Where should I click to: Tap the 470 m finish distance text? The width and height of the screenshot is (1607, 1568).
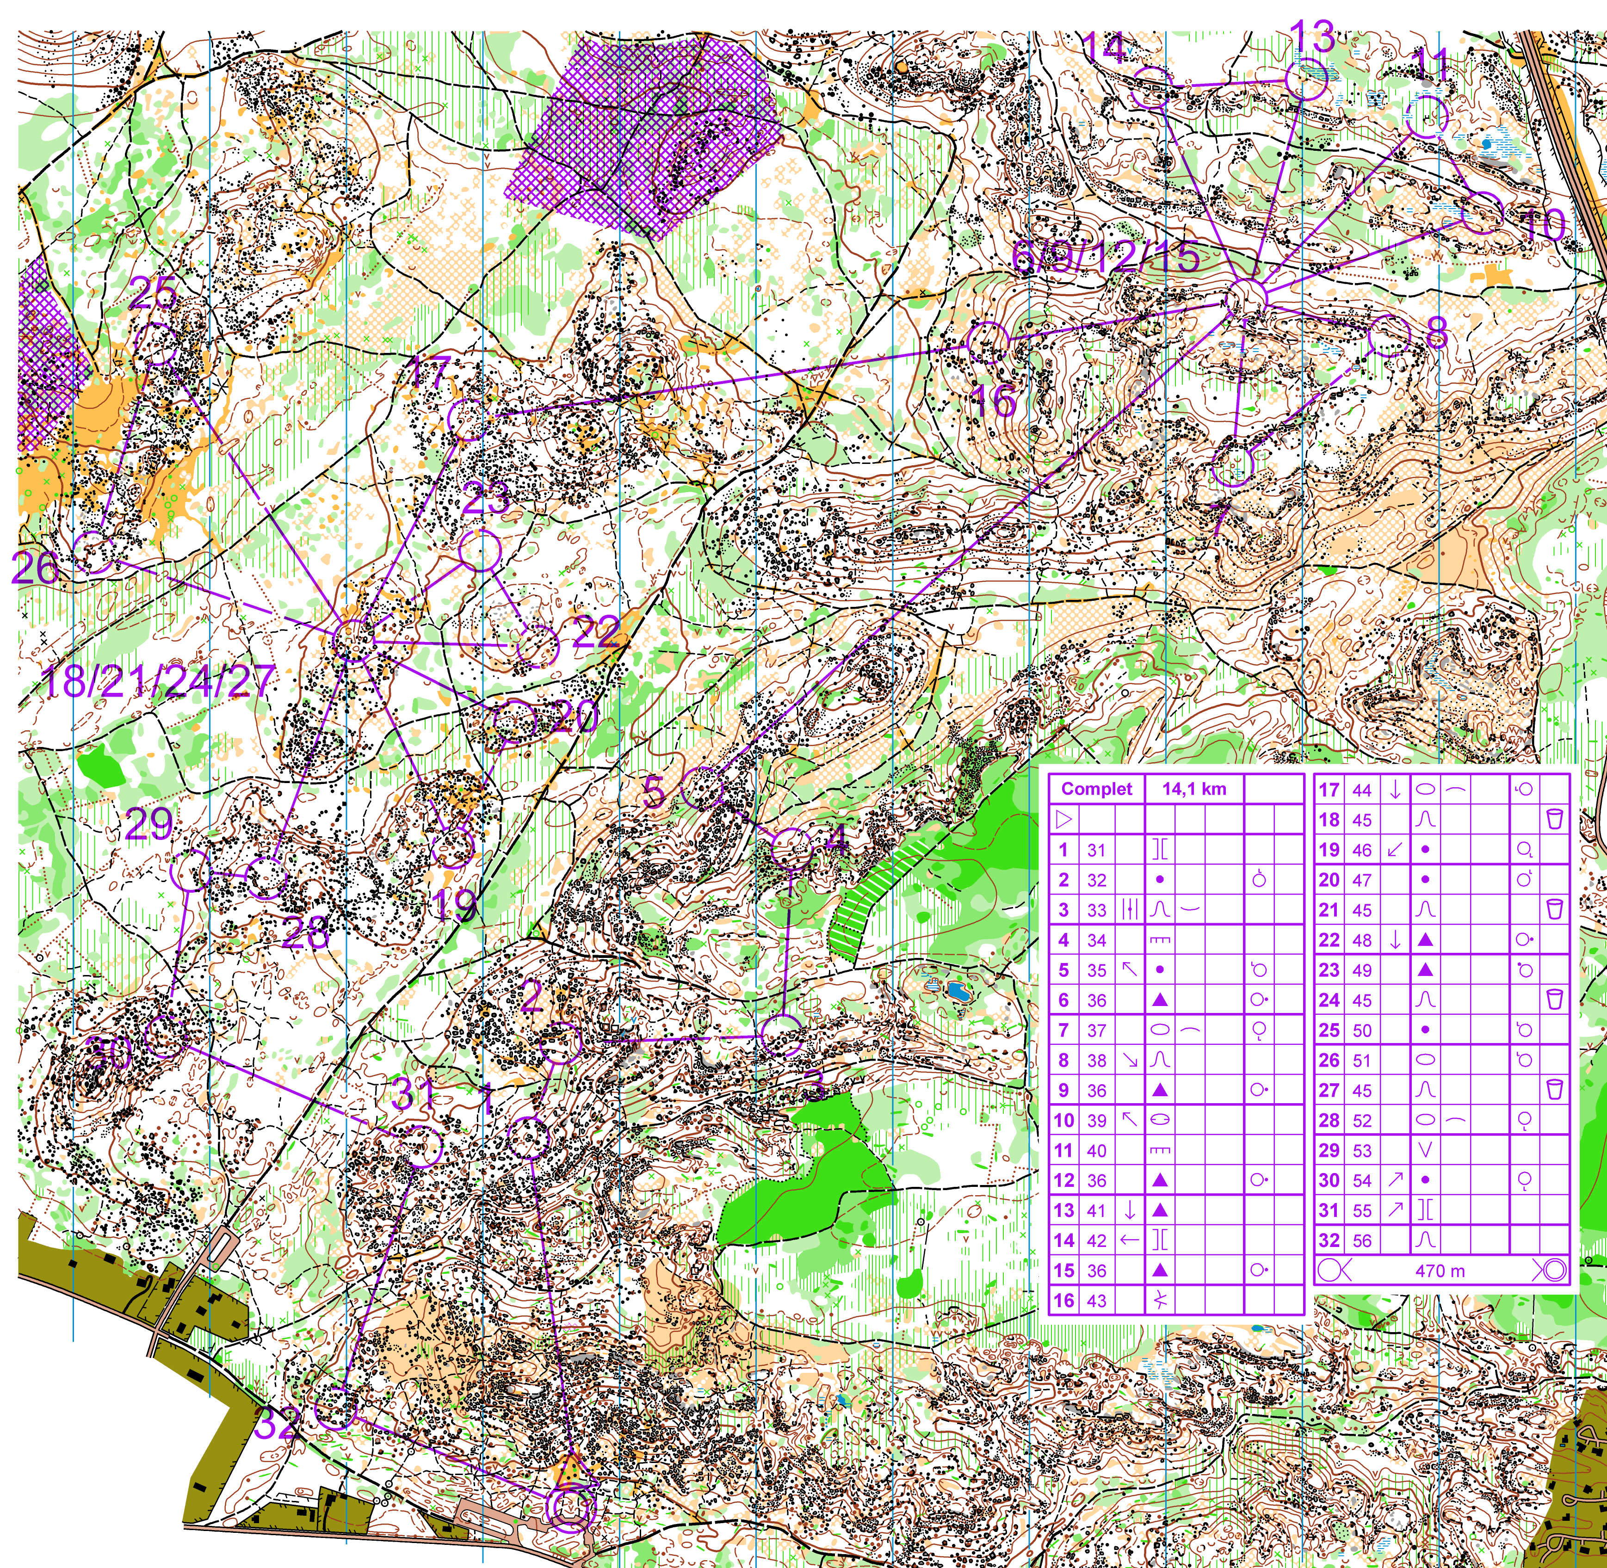coord(1440,1271)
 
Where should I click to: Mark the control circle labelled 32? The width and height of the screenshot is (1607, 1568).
coord(335,1407)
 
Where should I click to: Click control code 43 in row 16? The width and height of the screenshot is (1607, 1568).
coord(1096,1300)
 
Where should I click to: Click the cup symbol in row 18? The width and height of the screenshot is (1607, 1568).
coord(1554,819)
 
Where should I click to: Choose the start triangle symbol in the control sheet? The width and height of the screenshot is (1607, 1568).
coord(1063,819)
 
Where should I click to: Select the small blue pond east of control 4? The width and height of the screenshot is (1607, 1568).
coord(957,991)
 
